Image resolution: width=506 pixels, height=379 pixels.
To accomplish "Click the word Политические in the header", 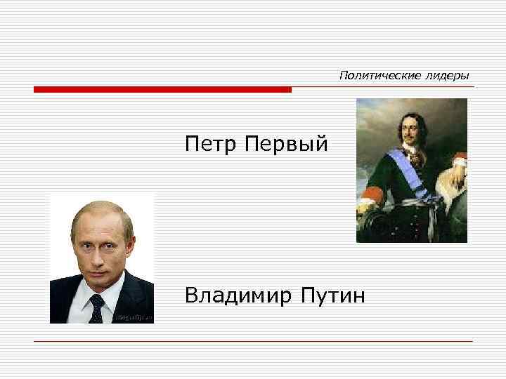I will (372, 75).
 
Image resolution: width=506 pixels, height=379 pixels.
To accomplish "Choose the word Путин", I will (332, 295).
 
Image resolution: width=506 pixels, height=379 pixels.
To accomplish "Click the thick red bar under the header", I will (162, 90).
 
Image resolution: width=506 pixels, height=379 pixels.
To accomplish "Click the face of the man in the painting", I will (408, 131).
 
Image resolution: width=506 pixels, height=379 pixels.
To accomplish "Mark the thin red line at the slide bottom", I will (253, 341).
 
